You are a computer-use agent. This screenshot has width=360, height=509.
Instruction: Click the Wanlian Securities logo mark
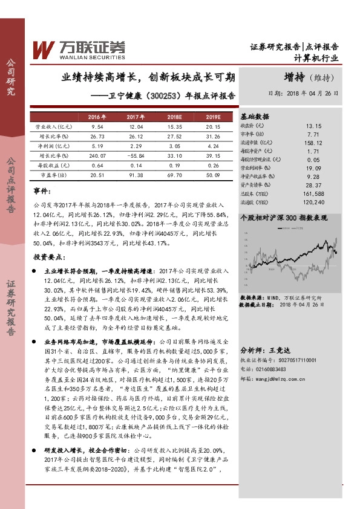(45, 48)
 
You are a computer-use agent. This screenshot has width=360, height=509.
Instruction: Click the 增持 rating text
(296, 78)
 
